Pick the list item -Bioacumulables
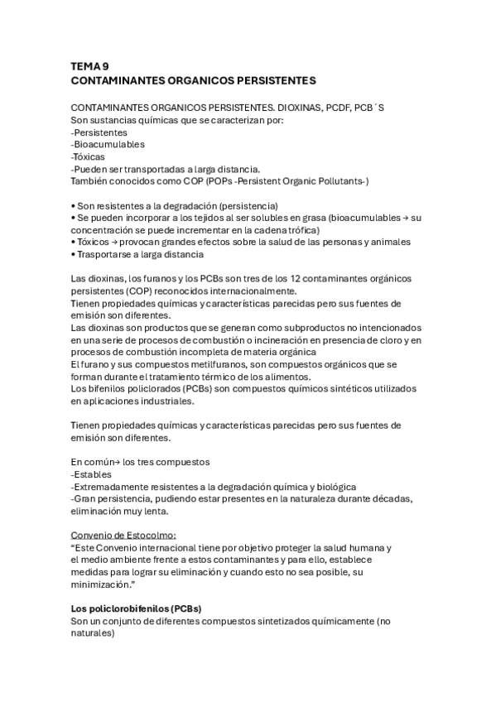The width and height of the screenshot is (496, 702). point(108,144)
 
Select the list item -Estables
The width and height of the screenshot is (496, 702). point(94,474)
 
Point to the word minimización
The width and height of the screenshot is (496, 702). point(104,584)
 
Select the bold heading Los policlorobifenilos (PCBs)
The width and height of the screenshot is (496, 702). point(136,608)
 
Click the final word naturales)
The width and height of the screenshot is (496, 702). point(93,633)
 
